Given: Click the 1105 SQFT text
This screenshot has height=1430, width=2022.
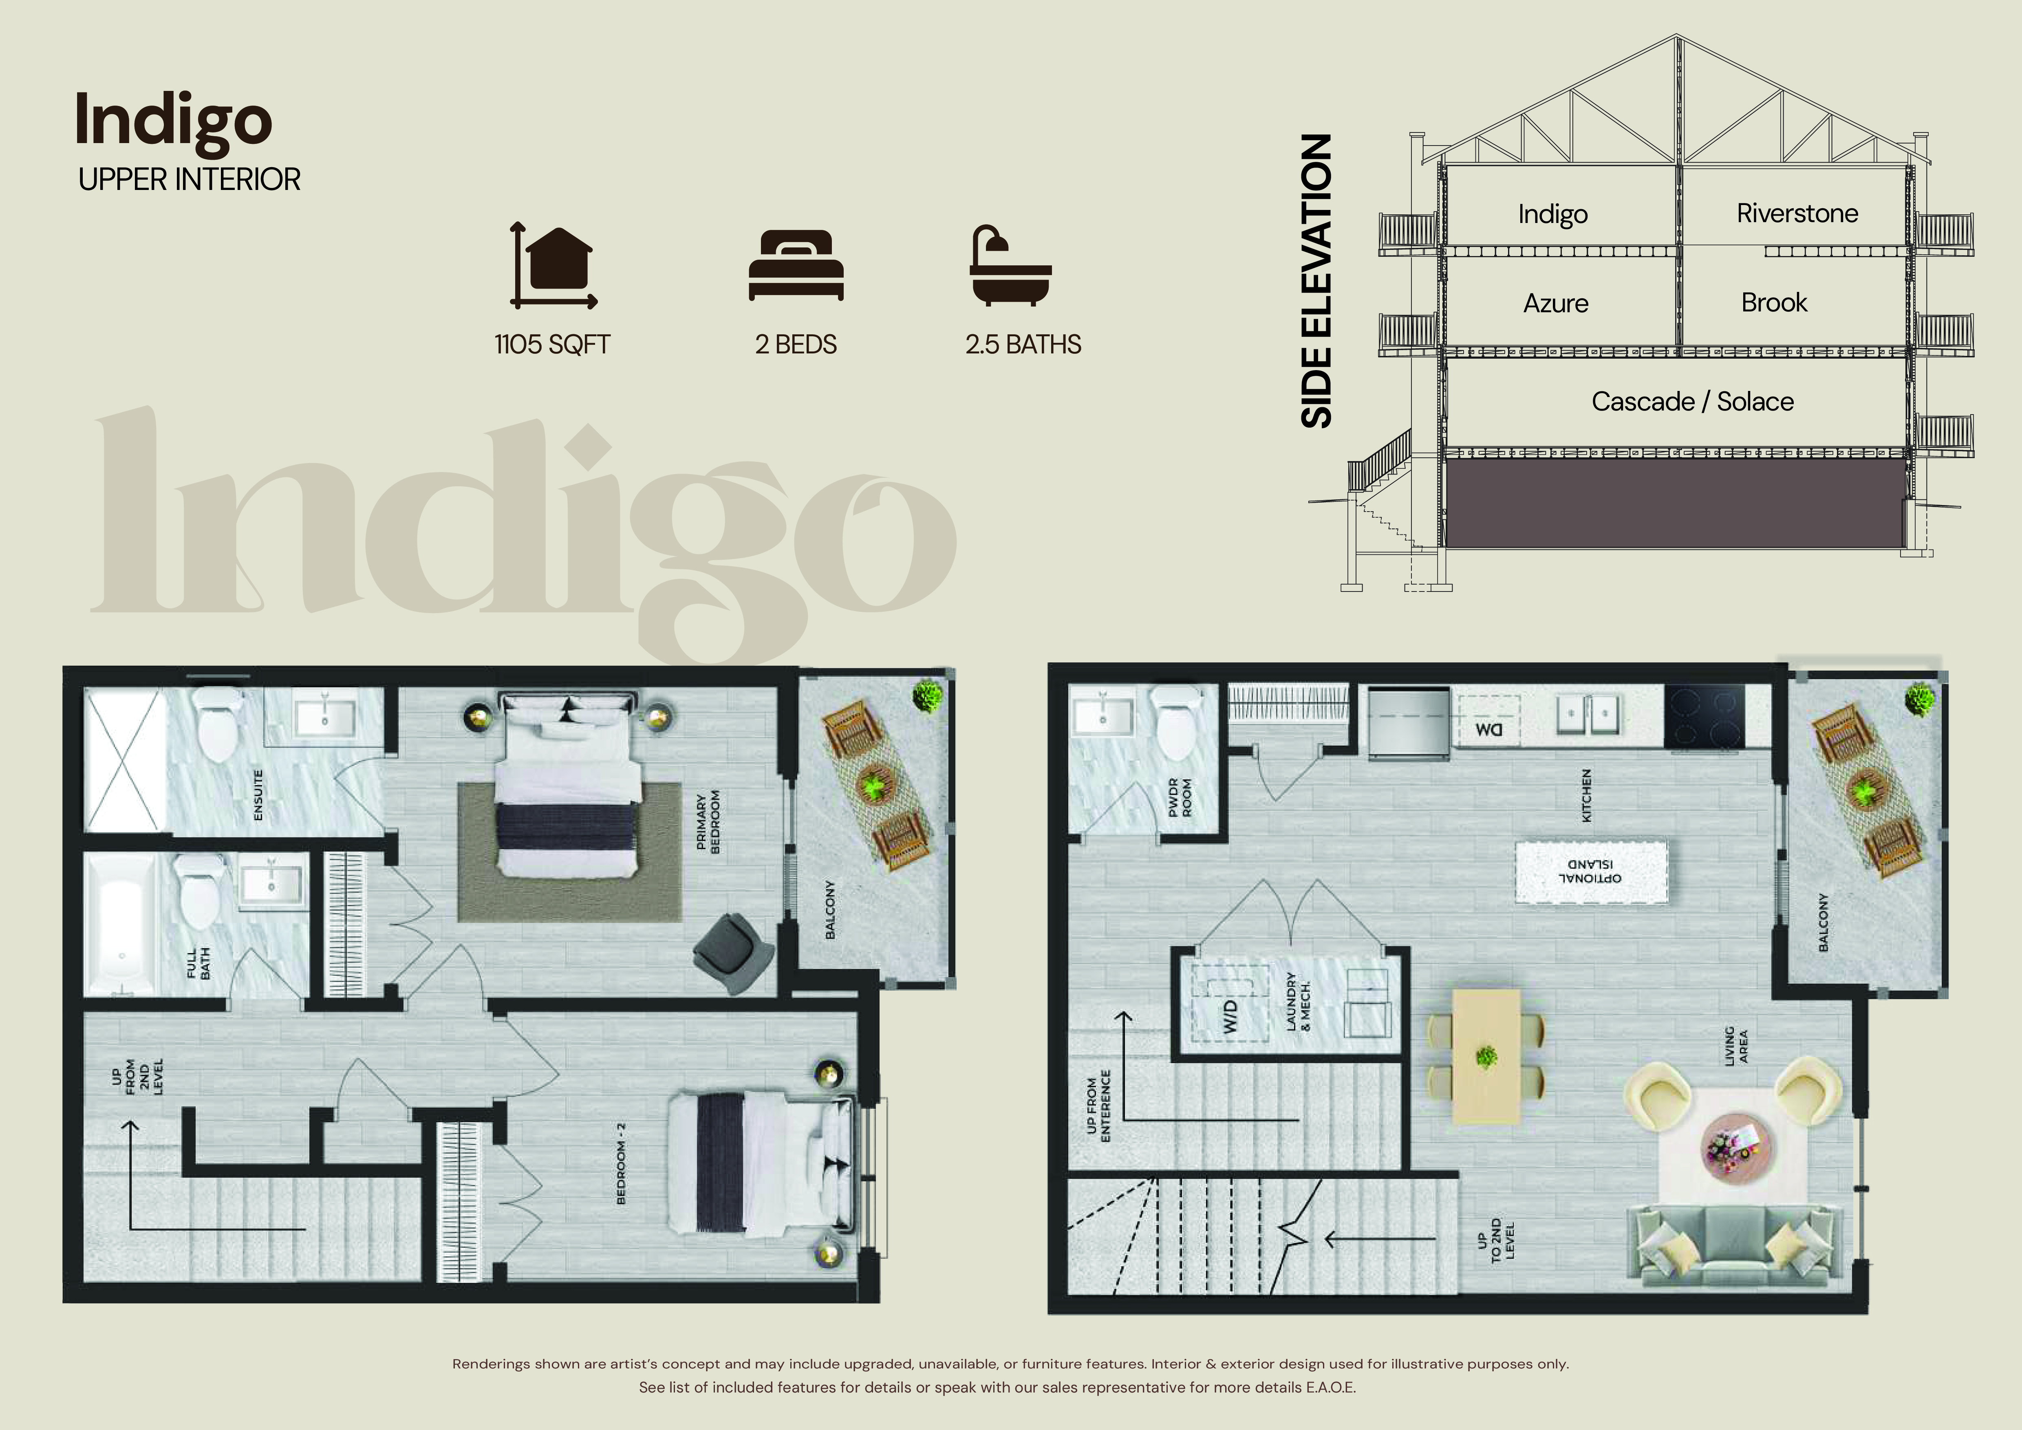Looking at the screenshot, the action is (x=552, y=344).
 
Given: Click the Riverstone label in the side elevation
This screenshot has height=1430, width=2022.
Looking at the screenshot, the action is (x=1797, y=213).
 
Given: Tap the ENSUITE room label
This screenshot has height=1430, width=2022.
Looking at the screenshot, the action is (x=258, y=795).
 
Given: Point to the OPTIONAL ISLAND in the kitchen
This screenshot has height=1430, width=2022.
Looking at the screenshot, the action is (x=1590, y=871).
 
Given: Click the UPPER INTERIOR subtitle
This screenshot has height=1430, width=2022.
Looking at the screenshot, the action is (x=190, y=180).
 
